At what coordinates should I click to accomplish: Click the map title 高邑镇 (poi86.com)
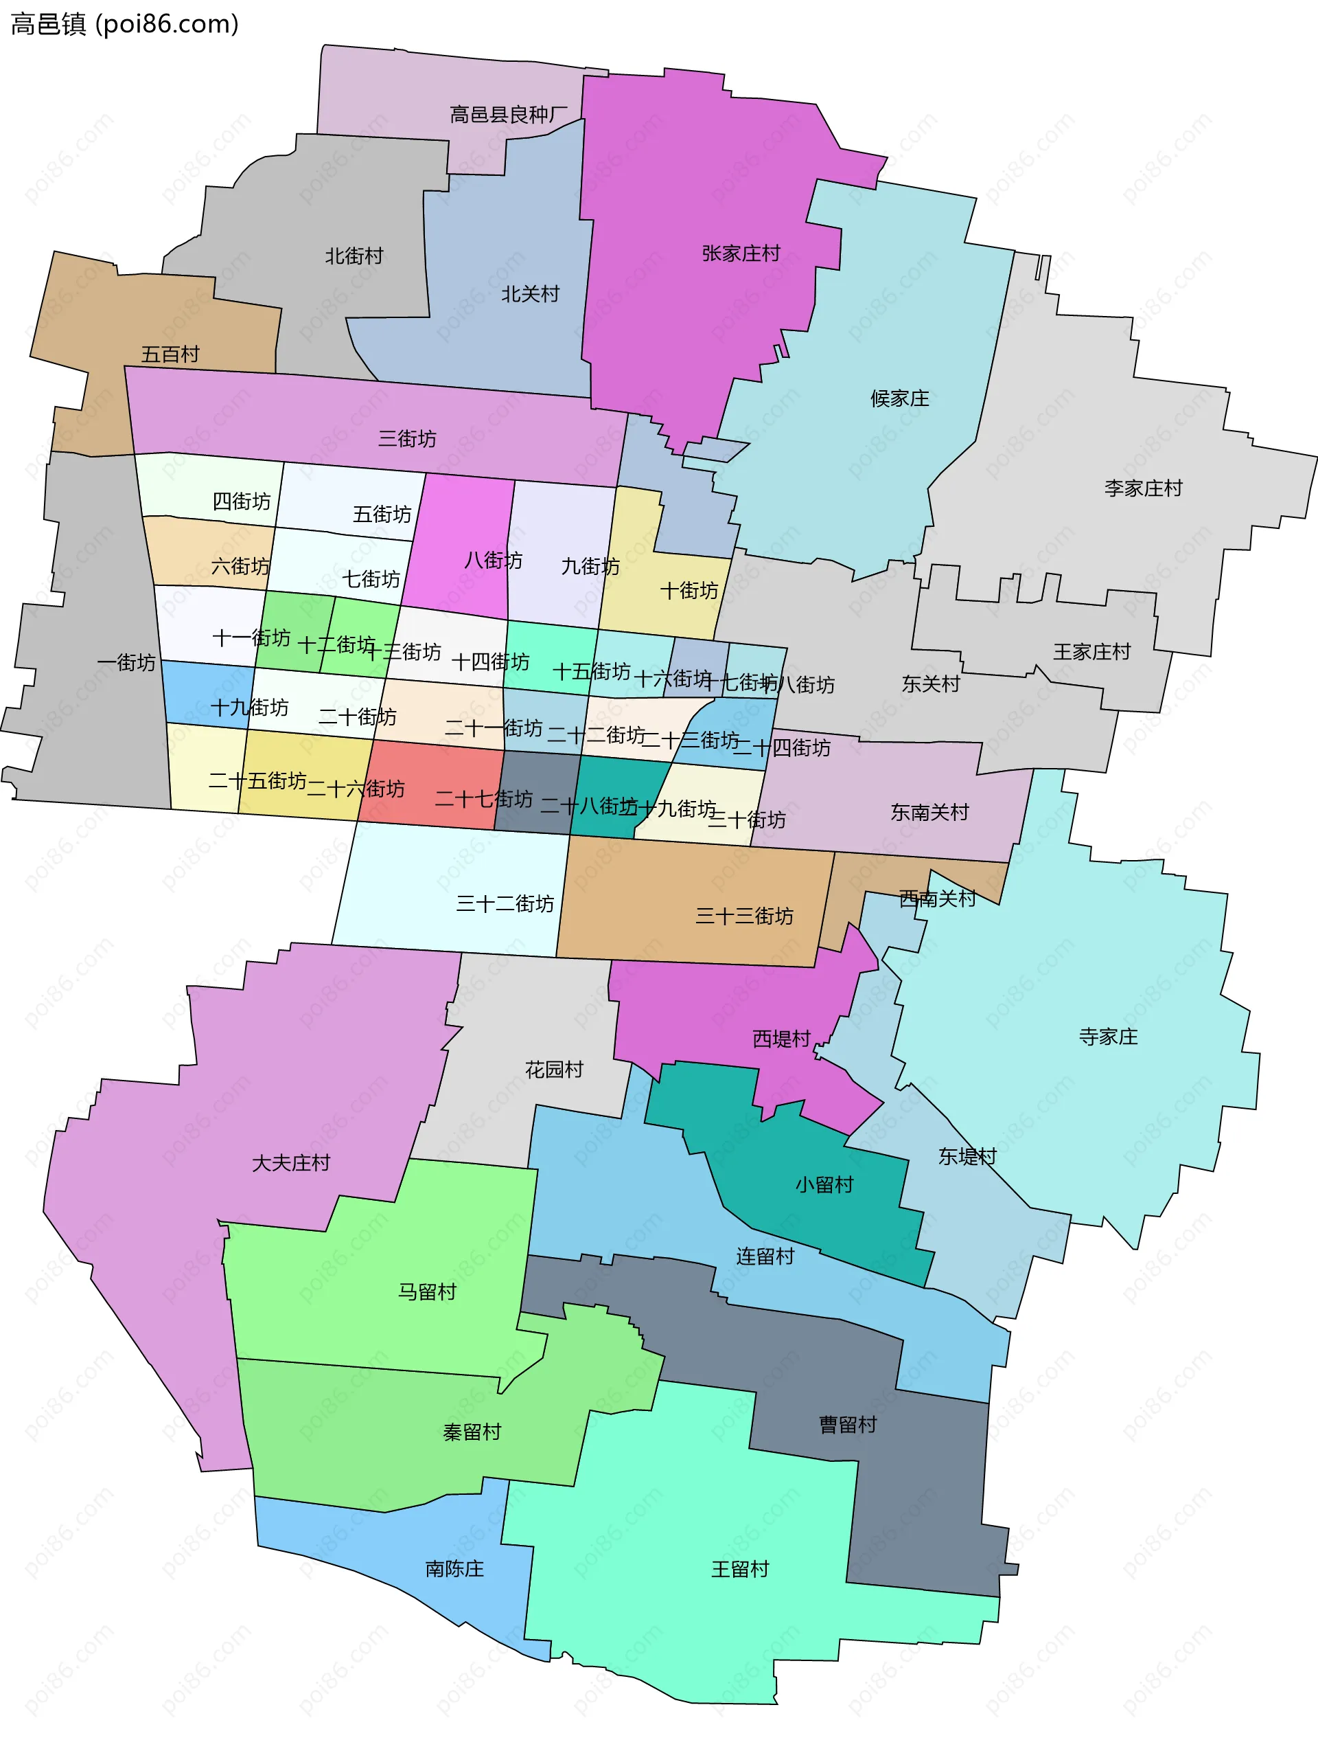pos(124,25)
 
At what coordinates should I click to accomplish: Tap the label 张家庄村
pos(741,253)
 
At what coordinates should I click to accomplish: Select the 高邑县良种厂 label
pos(508,115)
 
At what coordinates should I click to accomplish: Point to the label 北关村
pos(530,294)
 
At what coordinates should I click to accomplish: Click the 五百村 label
pos(170,354)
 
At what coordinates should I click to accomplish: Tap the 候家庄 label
pos(899,398)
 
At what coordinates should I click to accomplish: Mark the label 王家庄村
pos(1091,653)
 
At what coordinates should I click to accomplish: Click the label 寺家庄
pos(1108,1037)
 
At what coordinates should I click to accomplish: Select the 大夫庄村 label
pos(291,1163)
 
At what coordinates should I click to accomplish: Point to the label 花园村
pos(554,1070)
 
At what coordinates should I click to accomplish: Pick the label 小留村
pos(824,1184)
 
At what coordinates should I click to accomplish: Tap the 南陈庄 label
pos(454,1569)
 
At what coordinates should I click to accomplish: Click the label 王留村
pos(739,1569)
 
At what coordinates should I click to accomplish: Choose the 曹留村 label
pos(848,1425)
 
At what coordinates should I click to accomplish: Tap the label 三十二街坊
pos(505,904)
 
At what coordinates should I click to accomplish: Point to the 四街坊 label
pos(241,501)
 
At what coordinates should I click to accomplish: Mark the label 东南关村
pos(929,813)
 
